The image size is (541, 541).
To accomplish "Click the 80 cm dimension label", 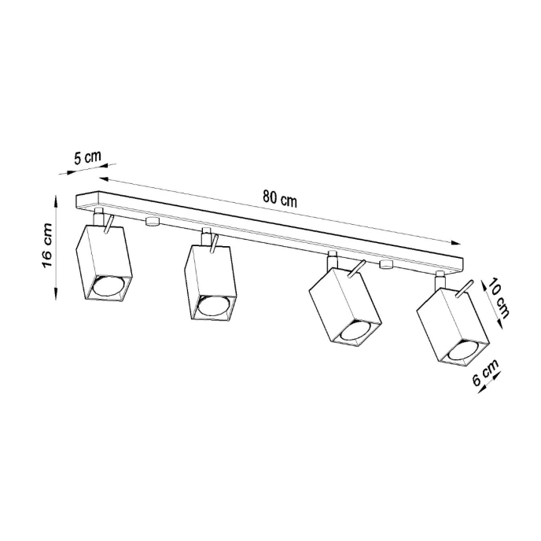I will pyautogui.click(x=280, y=198).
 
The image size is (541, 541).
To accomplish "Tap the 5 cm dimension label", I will pyautogui.click(x=87, y=156).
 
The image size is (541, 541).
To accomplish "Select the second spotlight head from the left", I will pyautogui.click(x=211, y=282).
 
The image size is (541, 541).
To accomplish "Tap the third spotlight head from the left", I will pyautogui.click(x=344, y=305).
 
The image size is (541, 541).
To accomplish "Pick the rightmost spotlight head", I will pyautogui.click(x=453, y=325).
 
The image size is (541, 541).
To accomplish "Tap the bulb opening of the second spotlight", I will pyautogui.click(x=213, y=308).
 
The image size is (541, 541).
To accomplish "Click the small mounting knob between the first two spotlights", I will pyautogui.click(x=152, y=222).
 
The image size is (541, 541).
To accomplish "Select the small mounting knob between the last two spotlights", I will pyautogui.click(x=385, y=265).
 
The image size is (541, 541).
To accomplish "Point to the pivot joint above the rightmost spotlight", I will pyautogui.click(x=439, y=279).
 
